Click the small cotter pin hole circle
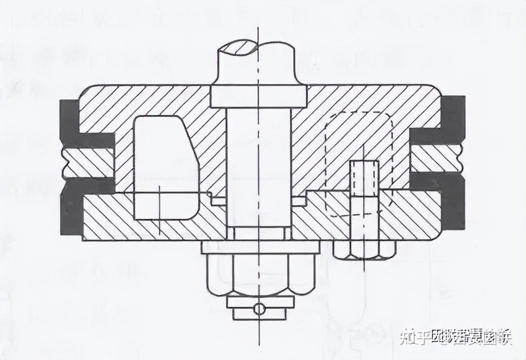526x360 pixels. pos(259,308)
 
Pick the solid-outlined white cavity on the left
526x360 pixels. pos(164,167)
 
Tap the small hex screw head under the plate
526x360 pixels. pos(364,249)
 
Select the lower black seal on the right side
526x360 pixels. pos(445,200)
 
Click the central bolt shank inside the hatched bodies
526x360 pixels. pos(258,167)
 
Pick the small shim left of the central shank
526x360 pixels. pos(218,201)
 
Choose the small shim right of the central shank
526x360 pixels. pos(299,201)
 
